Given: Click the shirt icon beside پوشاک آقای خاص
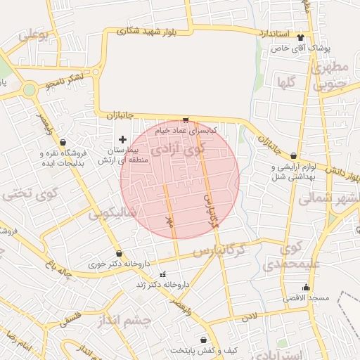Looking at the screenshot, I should (302, 37).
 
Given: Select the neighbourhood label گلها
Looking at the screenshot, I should (285, 82).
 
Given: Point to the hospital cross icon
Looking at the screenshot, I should (124, 139).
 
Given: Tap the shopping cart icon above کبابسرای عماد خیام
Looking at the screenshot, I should (186, 120).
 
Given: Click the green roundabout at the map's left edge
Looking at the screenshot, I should (29, 90).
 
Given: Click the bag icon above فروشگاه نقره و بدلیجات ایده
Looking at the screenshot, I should (64, 141).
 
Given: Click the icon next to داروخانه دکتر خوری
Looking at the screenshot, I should (119, 254).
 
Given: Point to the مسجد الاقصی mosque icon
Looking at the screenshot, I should (305, 287).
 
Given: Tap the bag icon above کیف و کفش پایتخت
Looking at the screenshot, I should (204, 340).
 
